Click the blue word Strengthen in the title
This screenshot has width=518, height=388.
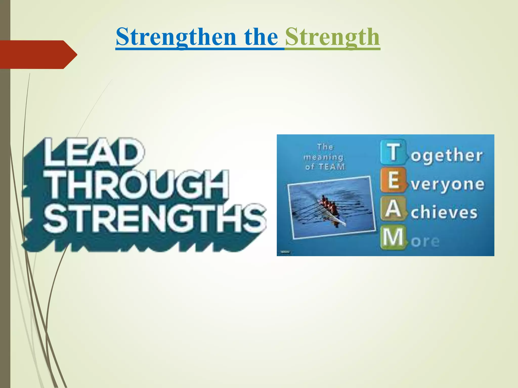pyautogui.click(x=176, y=37)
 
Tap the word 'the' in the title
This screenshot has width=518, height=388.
pyautogui.click(x=261, y=37)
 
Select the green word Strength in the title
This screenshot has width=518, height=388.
pyautogui.click(x=332, y=37)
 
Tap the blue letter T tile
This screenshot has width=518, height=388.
pyautogui.click(x=393, y=152)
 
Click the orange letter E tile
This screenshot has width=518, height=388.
pyautogui.click(x=393, y=180)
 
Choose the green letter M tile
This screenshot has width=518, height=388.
pyautogui.click(x=393, y=237)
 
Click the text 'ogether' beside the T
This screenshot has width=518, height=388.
pyautogui.click(x=447, y=156)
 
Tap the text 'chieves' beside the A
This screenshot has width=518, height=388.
pyautogui.click(x=444, y=213)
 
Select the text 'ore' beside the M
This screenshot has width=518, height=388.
pyautogui.click(x=425, y=241)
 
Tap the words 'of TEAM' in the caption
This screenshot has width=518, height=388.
pyautogui.click(x=325, y=167)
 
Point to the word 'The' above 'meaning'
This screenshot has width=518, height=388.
pyautogui.click(x=326, y=147)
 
